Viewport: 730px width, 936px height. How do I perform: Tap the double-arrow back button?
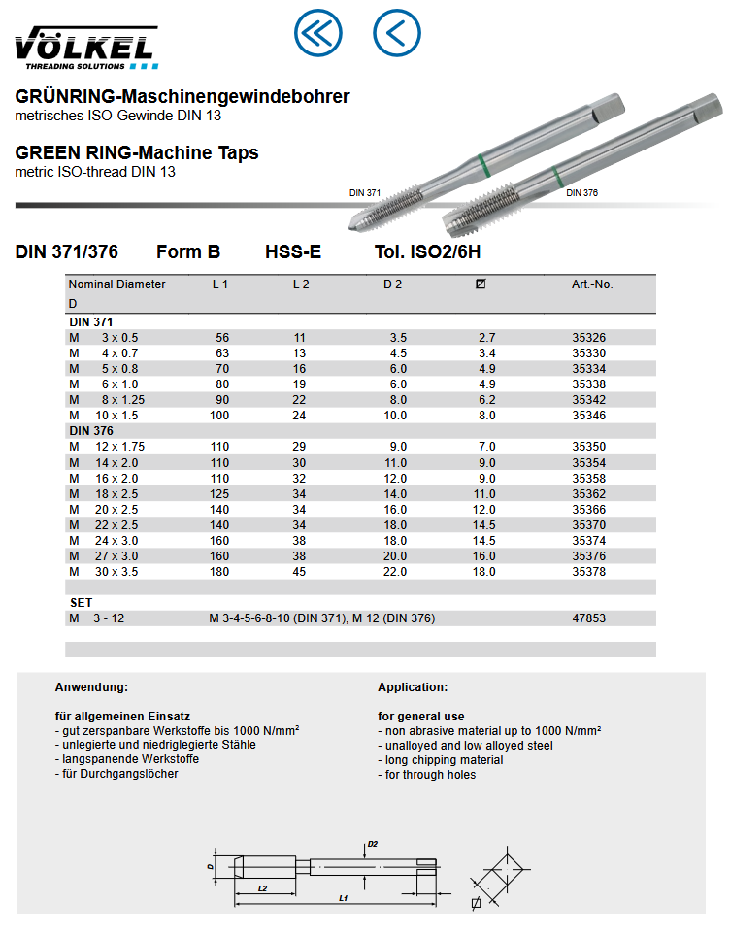click(x=318, y=33)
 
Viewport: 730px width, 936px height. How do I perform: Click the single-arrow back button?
click(x=396, y=33)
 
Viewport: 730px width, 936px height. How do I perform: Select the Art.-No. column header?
click(x=592, y=284)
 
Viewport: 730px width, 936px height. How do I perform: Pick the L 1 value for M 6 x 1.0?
click(x=222, y=384)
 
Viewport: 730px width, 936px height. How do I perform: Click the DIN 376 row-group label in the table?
click(x=91, y=431)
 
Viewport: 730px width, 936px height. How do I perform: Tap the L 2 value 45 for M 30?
click(x=300, y=572)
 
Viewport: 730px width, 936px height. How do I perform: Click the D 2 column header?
click(x=392, y=284)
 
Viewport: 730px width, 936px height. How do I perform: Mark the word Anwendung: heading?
click(x=91, y=687)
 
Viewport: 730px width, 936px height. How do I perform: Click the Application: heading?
click(x=413, y=687)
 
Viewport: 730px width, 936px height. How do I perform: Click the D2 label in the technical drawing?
click(x=373, y=843)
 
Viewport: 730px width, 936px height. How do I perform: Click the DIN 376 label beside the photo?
click(x=582, y=193)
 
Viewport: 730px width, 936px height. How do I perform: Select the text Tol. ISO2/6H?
click(x=428, y=252)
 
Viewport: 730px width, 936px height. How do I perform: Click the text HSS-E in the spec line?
click(x=293, y=252)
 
